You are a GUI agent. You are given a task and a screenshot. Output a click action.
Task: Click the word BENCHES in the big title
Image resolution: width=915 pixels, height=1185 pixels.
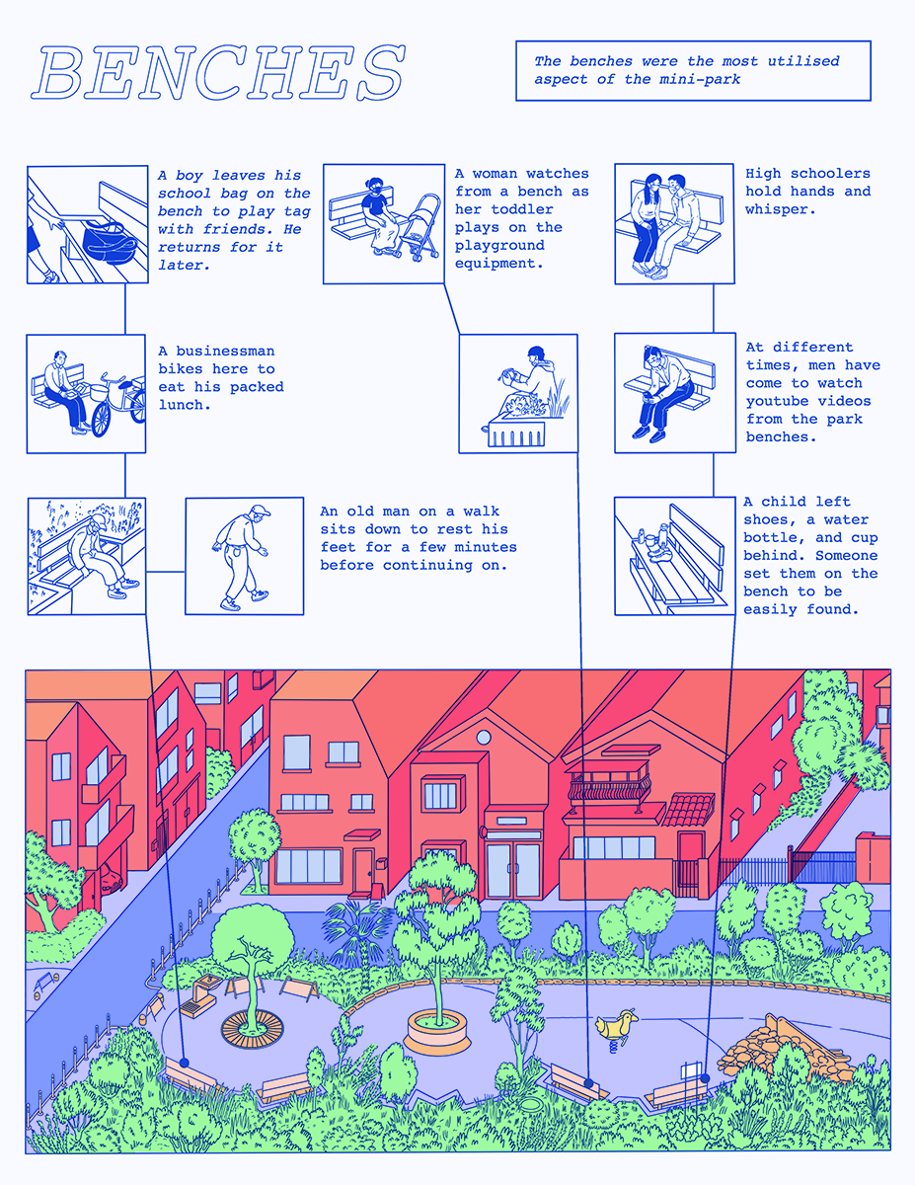point(218,72)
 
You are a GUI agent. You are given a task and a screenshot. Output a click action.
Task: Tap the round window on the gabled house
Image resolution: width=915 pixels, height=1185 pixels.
point(484,738)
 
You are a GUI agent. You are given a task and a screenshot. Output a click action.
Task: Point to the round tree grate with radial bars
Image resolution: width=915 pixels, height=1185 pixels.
point(253,1029)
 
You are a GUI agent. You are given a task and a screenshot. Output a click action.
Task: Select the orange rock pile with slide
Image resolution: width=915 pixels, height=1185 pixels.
point(785,1048)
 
